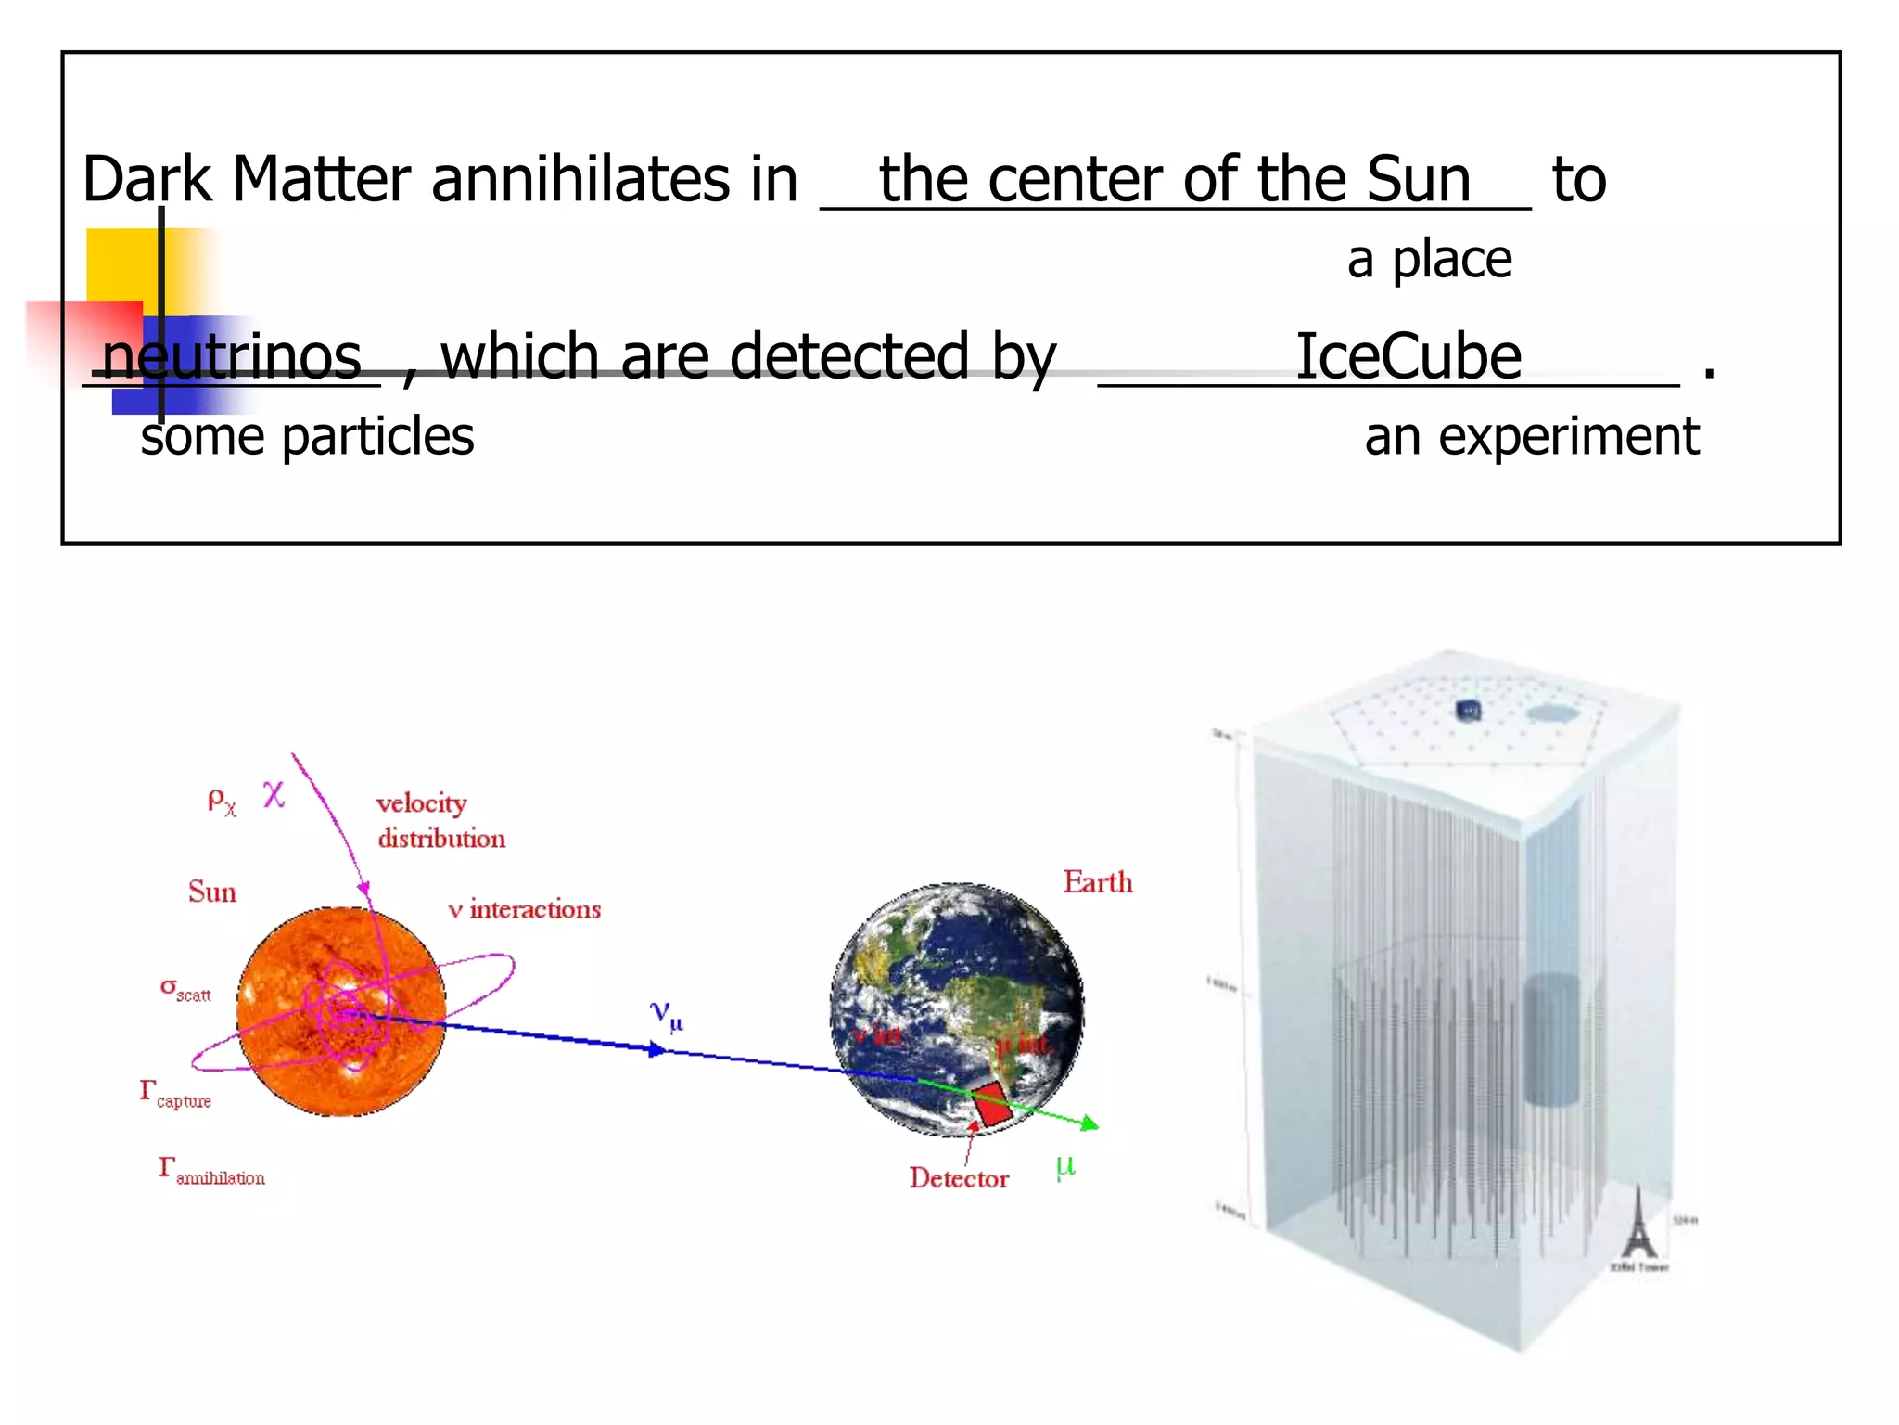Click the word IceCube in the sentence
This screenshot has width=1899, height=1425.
click(x=1408, y=356)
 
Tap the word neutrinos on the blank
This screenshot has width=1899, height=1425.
click(x=232, y=356)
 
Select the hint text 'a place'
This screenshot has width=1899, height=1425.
click(x=1429, y=259)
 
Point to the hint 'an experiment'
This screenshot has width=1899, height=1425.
click(x=1532, y=436)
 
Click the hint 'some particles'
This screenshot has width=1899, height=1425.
click(x=307, y=436)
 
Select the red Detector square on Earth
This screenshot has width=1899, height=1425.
click(x=993, y=1105)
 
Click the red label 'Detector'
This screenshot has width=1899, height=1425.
click(x=959, y=1178)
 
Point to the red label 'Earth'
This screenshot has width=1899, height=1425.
click(x=1098, y=881)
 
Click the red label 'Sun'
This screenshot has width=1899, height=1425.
click(x=212, y=892)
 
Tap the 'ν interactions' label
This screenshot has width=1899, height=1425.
click(x=525, y=909)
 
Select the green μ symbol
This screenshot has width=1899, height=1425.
click(x=1065, y=1165)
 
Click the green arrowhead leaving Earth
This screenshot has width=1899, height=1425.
click(x=1090, y=1124)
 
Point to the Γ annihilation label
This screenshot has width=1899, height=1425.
click(x=211, y=1172)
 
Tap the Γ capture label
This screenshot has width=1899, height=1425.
click(x=175, y=1095)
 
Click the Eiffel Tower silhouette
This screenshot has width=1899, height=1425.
click(x=1638, y=1225)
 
